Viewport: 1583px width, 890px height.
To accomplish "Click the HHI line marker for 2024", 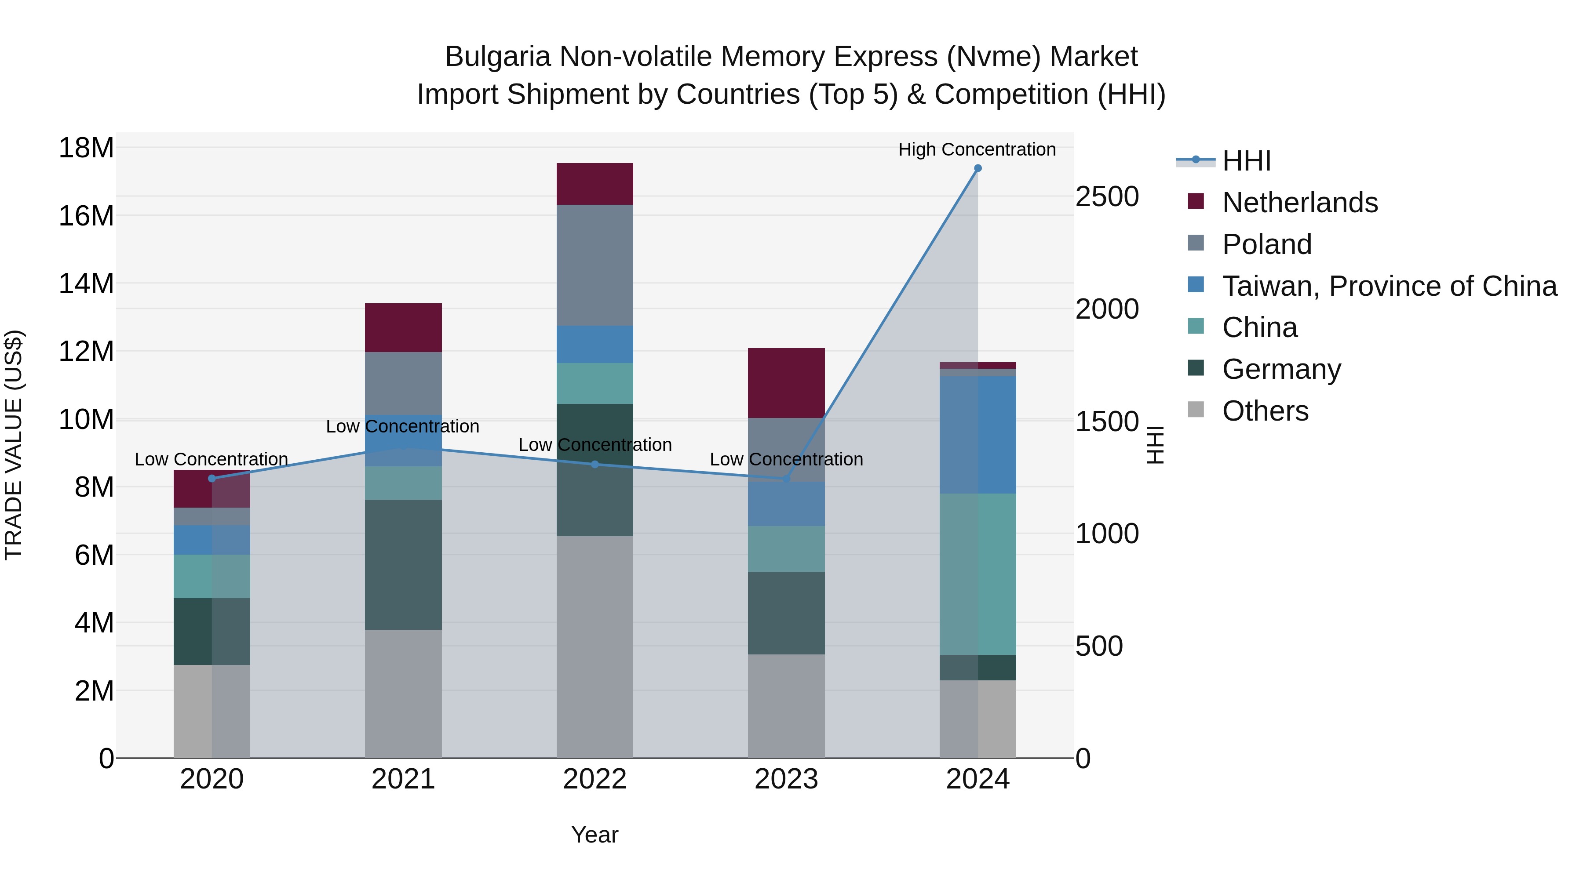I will pos(978,168).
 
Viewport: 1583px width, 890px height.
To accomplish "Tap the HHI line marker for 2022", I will pos(595,465).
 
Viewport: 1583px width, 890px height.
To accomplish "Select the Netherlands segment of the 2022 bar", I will pos(595,184).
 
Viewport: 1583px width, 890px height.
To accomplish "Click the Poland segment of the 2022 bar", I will pos(595,265).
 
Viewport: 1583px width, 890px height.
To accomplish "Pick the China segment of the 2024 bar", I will pos(978,574).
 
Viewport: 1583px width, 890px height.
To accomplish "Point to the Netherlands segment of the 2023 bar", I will pos(786,383).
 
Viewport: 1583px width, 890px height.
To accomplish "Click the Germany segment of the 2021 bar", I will pos(403,565).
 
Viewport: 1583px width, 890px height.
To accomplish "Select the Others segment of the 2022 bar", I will pos(595,647).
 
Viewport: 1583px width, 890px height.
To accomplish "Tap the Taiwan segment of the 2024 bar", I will pos(978,435).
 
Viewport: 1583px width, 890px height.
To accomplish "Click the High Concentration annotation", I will pos(977,150).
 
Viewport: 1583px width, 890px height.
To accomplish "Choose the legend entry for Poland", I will pos(1266,244).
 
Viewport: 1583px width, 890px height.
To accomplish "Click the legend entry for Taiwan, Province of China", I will pos(1389,286).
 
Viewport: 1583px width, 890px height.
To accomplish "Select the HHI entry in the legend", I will pos(1246,161).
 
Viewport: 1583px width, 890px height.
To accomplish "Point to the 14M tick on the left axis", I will pos(86,284).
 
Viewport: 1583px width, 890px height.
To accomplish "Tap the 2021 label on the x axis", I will pos(403,779).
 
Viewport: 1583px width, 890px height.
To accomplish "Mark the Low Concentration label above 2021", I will pos(402,426).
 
